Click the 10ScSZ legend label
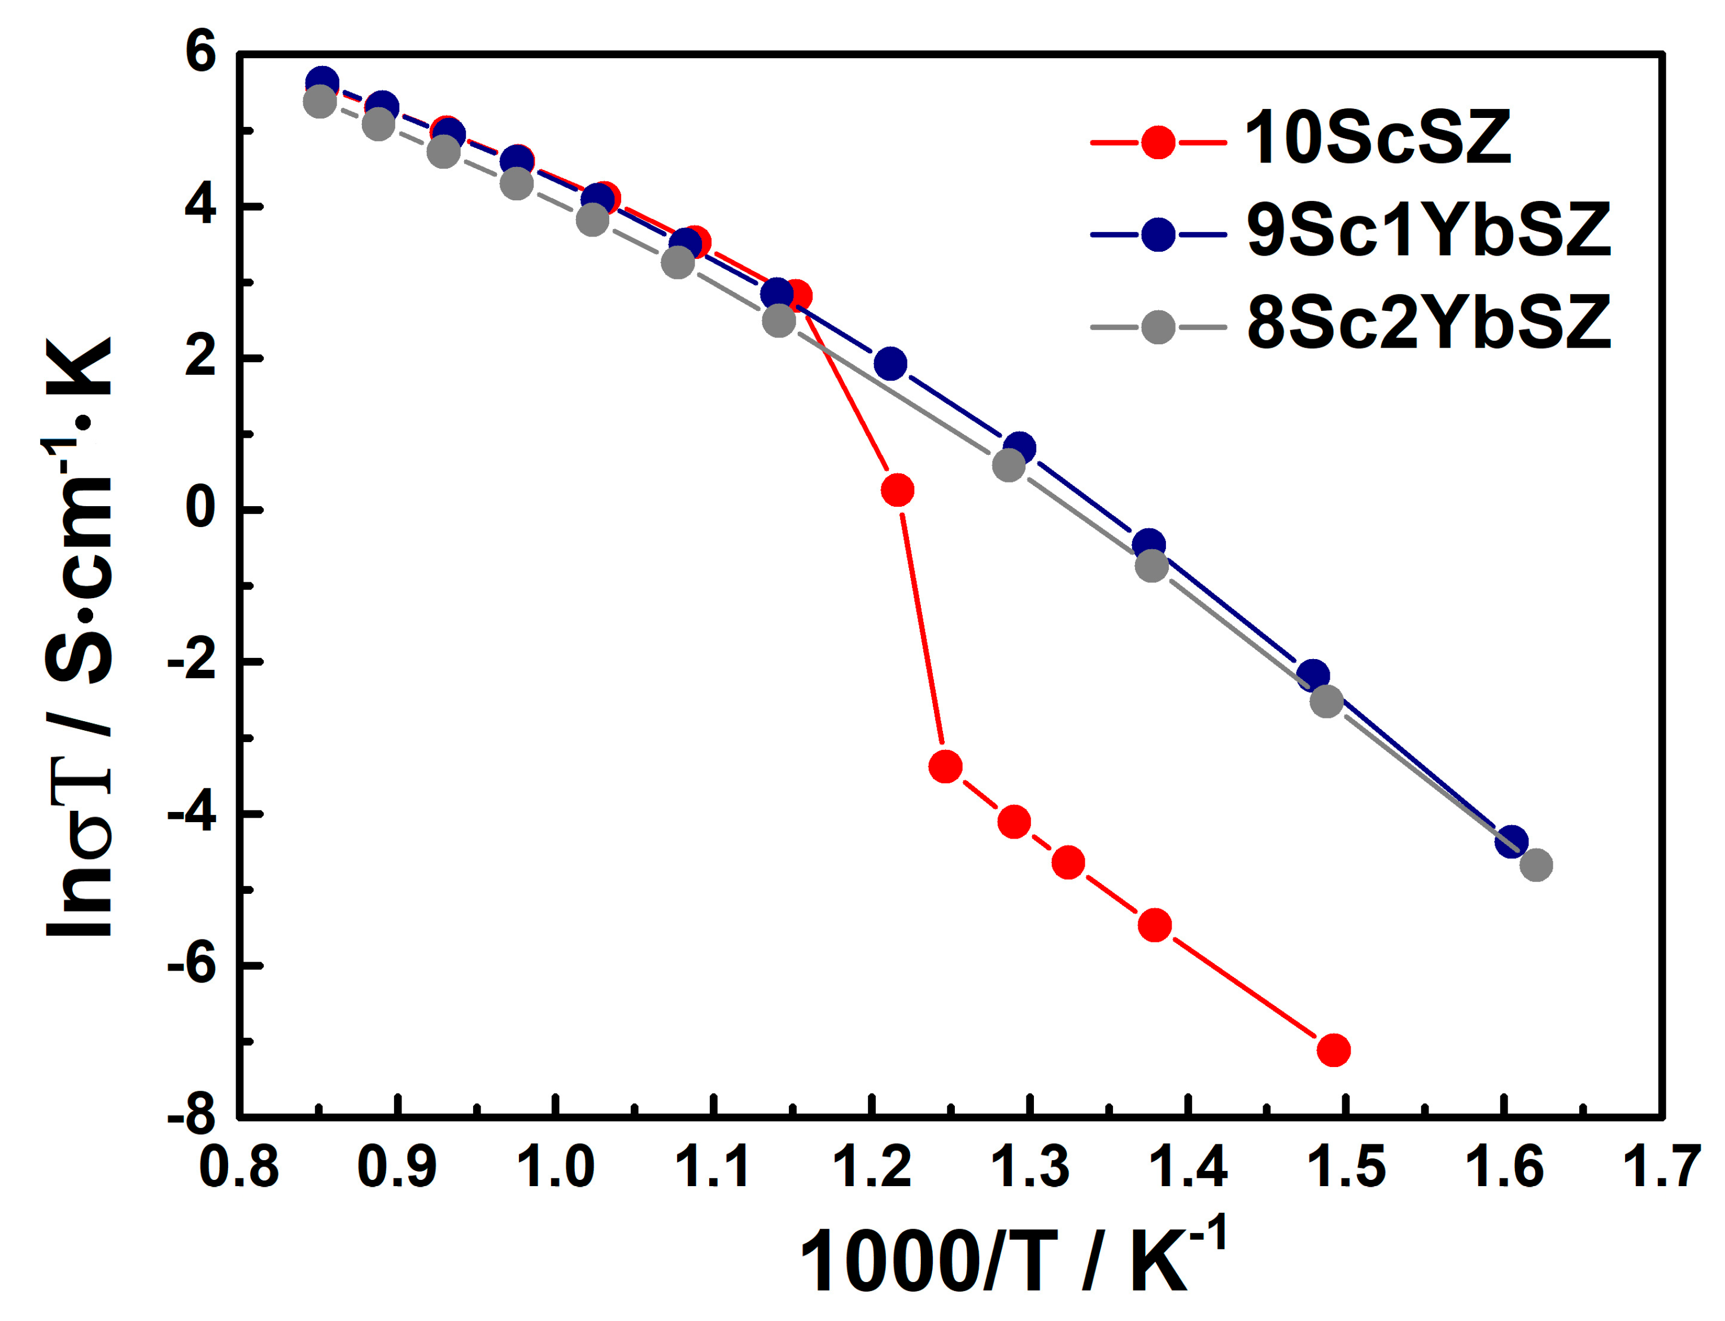pyautogui.click(x=1377, y=139)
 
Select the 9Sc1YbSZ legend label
pyautogui.click(x=1427, y=231)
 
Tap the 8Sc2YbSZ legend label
pyautogui.click(x=1427, y=323)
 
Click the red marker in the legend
pyautogui.click(x=1157, y=142)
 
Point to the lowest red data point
pyautogui.click(x=1333, y=1050)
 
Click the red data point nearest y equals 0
pyautogui.click(x=897, y=490)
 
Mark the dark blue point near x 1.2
pyautogui.click(x=890, y=363)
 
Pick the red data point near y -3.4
pyautogui.click(x=945, y=766)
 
